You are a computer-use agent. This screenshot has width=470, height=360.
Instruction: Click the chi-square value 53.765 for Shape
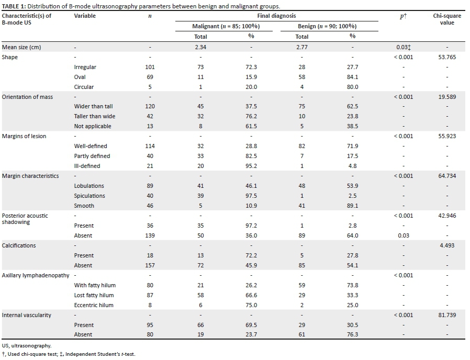click(447, 57)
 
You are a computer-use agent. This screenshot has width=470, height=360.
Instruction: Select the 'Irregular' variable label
click(85, 67)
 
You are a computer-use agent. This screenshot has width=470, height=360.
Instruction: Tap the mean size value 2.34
click(200, 47)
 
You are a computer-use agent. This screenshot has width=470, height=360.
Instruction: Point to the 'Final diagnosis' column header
click(276, 16)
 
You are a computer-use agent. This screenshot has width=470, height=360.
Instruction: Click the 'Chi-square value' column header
click(447, 19)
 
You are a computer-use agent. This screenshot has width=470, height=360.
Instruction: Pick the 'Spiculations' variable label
click(89, 196)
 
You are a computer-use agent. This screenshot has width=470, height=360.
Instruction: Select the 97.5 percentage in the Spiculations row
click(251, 196)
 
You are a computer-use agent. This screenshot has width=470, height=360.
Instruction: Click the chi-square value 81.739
click(447, 315)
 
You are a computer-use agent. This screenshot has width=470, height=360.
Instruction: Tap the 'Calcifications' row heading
click(19, 245)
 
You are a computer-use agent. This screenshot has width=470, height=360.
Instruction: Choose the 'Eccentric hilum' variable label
click(94, 305)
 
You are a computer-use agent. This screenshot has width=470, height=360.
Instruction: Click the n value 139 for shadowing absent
click(150, 235)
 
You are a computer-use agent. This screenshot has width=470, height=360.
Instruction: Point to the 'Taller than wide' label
click(95, 116)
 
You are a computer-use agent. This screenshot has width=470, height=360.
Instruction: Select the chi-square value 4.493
click(447, 245)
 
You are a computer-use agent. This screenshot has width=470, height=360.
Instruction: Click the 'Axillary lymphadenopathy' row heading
click(36, 275)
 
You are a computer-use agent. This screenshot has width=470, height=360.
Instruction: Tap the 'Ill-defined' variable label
click(87, 166)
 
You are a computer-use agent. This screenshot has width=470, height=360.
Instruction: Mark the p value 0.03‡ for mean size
click(404, 47)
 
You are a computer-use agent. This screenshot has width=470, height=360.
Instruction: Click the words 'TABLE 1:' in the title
click(14, 6)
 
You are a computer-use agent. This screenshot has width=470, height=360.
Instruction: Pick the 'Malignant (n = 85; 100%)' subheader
click(226, 26)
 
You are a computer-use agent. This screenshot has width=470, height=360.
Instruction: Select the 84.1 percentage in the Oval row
click(353, 77)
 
